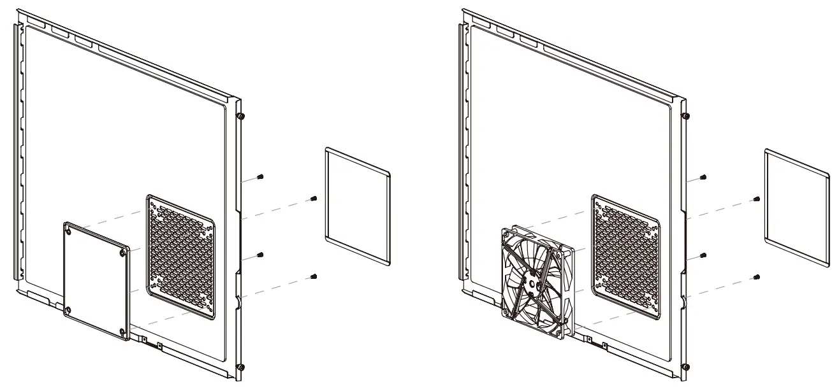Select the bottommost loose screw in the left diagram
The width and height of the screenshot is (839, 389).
314,276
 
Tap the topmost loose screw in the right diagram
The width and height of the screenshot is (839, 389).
703,177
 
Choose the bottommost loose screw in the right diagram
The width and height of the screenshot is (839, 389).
755,277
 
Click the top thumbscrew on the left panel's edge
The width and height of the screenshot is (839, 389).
240,117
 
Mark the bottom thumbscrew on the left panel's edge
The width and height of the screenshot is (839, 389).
240,367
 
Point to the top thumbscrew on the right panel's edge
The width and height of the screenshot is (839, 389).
685,117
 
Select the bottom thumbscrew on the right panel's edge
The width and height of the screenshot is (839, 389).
685,367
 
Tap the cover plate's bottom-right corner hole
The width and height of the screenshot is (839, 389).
123,330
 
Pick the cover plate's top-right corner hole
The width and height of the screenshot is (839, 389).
122,252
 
